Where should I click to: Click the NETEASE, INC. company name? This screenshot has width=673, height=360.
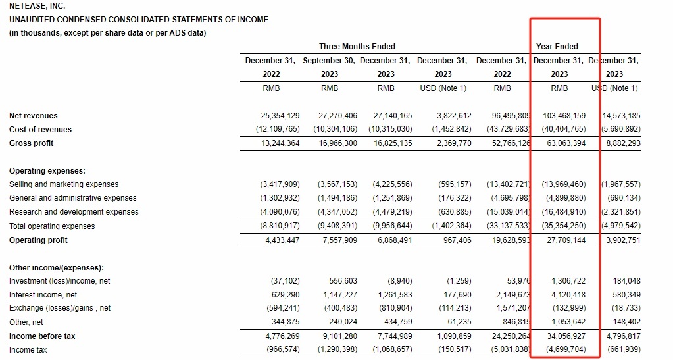pos(37,6)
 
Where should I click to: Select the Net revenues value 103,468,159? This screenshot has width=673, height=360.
pos(564,116)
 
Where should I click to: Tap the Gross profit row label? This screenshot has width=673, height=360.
pos(32,143)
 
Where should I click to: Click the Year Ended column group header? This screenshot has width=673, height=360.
pos(557,46)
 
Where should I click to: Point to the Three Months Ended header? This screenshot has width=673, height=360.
pos(357,46)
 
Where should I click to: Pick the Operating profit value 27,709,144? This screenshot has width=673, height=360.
pos(566,240)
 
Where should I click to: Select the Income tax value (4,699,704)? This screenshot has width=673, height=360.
pos(566,349)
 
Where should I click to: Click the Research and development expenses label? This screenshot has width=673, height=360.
pos(74,212)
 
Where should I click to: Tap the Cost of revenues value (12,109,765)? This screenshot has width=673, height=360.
pos(278,129)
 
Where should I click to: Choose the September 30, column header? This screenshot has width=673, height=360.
pos(329,61)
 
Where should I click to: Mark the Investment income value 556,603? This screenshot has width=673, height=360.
pos(340,281)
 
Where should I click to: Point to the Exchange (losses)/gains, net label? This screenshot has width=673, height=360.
pos(60,308)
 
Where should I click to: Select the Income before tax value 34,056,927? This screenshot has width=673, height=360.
pos(566,336)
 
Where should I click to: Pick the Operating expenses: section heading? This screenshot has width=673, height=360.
pos(47,171)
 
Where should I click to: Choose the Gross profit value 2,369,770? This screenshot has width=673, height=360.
pos(454,143)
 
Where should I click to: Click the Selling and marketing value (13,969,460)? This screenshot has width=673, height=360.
pos(564,184)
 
